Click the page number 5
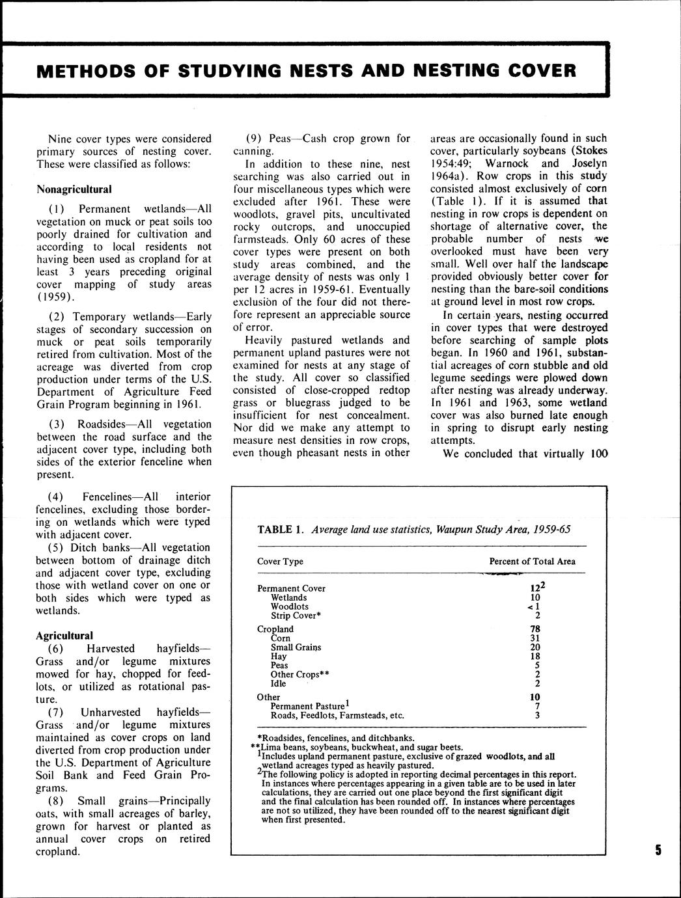pos(658,850)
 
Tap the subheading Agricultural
pos(64,636)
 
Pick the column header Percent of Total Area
pos(532,561)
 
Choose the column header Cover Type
pos(280,561)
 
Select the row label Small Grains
pos(296,647)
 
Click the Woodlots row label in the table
pos(290,606)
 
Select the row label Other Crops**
pos(299,675)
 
